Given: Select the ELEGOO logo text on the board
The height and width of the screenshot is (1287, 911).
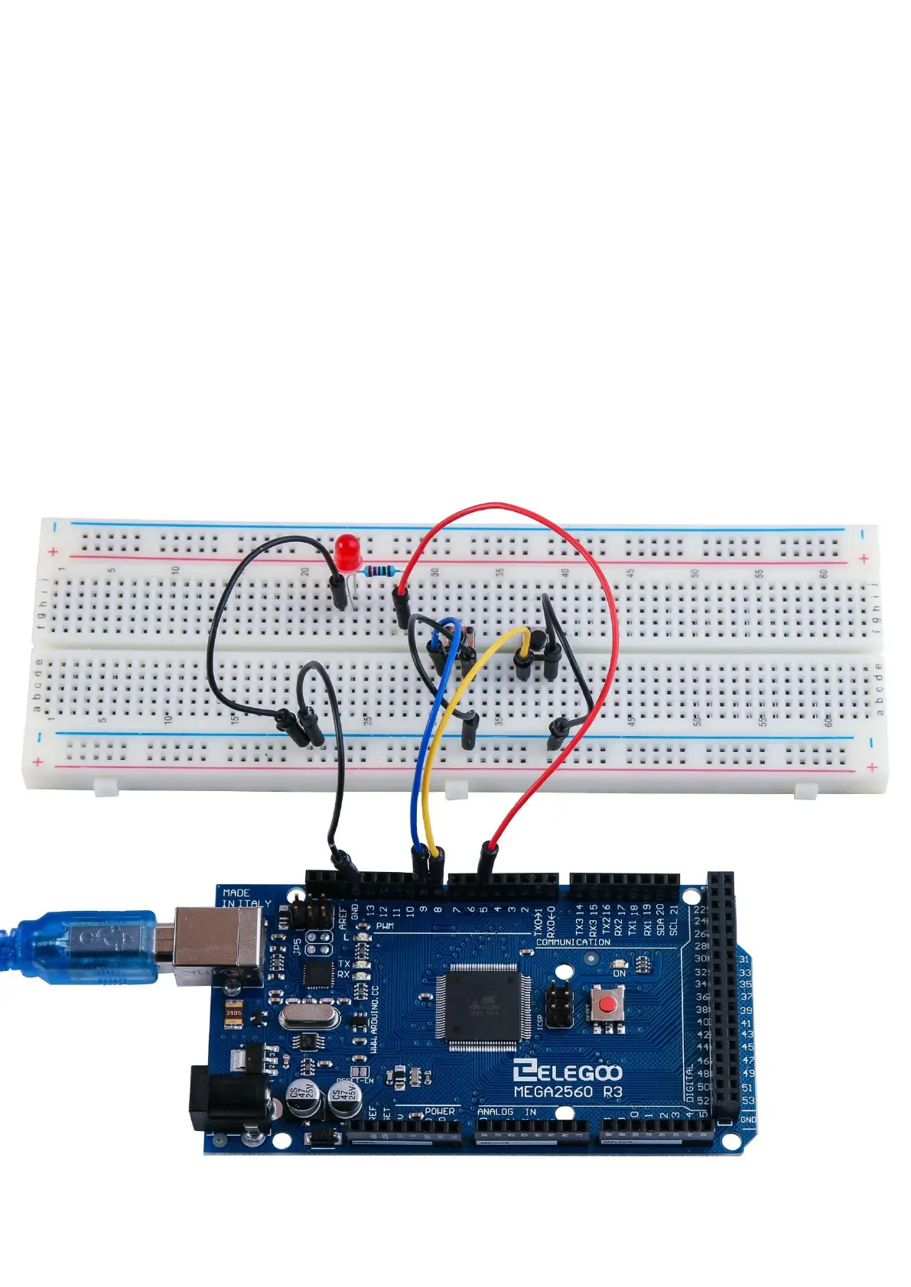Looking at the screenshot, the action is (x=567, y=1071).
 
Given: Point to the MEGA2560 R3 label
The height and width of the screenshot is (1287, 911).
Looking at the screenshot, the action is (x=567, y=1092).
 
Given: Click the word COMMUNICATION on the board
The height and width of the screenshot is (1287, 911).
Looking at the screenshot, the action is (x=573, y=942).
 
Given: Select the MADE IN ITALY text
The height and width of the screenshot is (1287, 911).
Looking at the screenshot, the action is (x=246, y=898).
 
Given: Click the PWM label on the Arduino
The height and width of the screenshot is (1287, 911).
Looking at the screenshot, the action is (x=385, y=926).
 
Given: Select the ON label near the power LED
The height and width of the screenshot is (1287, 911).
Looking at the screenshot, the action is (x=619, y=973).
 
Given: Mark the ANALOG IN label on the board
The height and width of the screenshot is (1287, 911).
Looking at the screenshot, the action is (x=506, y=1112).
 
